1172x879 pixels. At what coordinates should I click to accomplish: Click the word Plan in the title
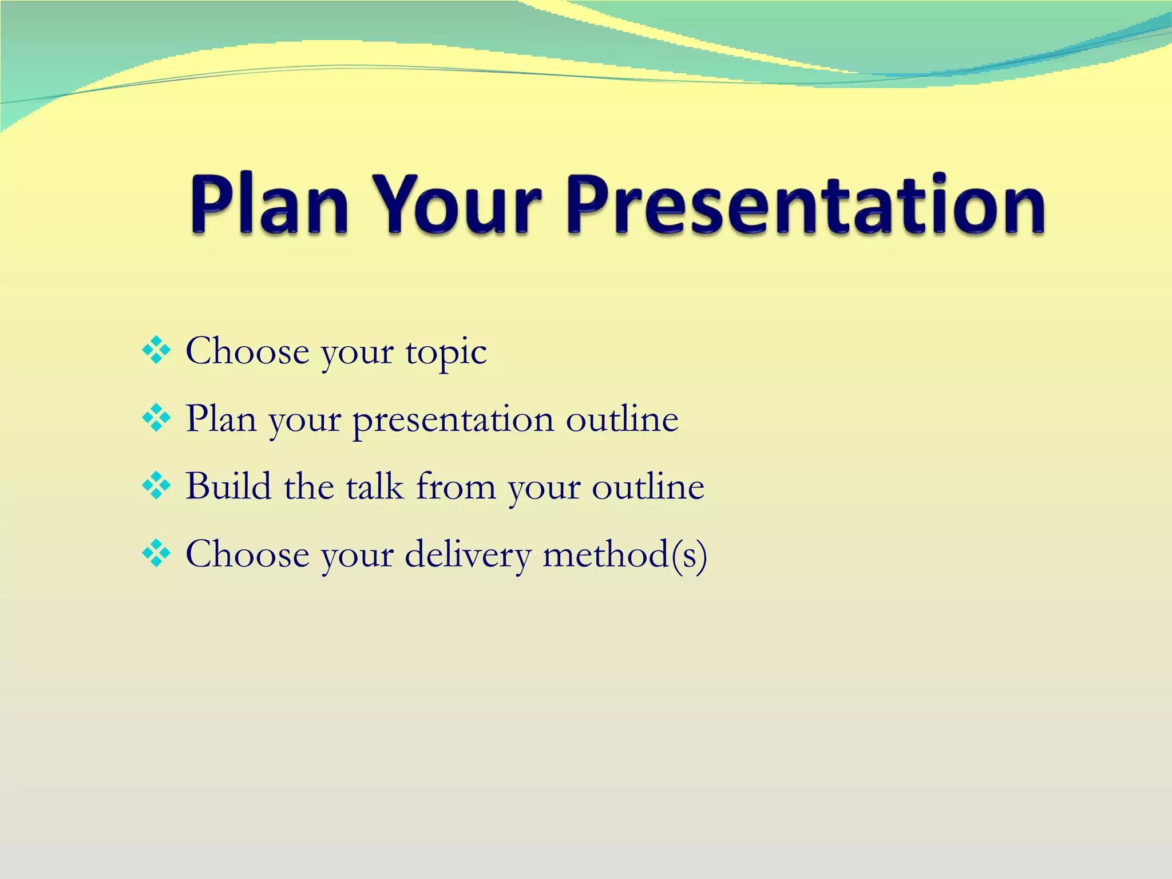[x=269, y=205]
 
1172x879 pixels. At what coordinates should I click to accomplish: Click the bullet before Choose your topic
[x=156, y=351]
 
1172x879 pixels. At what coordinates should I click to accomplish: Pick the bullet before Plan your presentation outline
[x=156, y=418]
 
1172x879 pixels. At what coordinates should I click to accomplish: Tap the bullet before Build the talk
[x=156, y=486]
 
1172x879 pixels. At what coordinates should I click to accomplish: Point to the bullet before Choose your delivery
[x=156, y=553]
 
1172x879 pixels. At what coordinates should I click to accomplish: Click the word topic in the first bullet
[x=446, y=353]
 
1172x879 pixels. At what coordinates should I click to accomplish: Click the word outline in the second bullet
[x=622, y=419]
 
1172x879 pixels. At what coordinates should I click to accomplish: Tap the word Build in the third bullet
[x=228, y=486]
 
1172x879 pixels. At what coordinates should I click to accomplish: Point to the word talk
[x=375, y=486]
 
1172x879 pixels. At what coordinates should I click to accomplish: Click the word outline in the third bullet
[x=648, y=487]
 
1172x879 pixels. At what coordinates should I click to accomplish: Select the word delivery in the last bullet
[x=468, y=555]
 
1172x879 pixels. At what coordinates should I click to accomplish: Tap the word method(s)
[x=625, y=555]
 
